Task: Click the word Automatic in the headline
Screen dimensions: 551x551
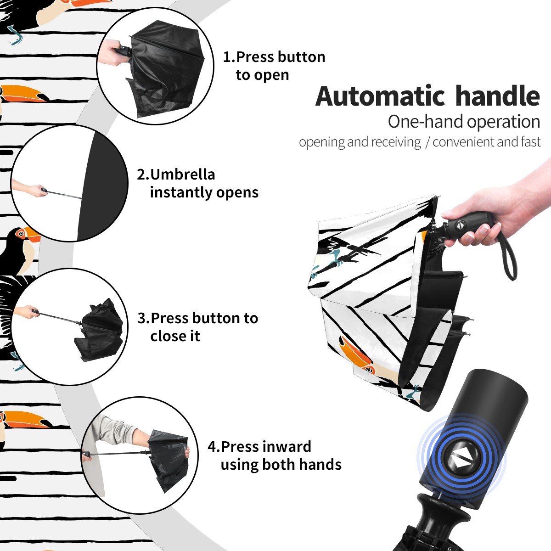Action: pos(380,96)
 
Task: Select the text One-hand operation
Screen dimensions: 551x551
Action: pos(464,122)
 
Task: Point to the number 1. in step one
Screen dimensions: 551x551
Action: pos(229,57)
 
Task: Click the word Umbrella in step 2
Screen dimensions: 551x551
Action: pos(182,174)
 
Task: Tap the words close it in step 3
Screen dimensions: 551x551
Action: pos(175,336)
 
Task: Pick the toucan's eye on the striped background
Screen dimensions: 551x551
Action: pos(21,234)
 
